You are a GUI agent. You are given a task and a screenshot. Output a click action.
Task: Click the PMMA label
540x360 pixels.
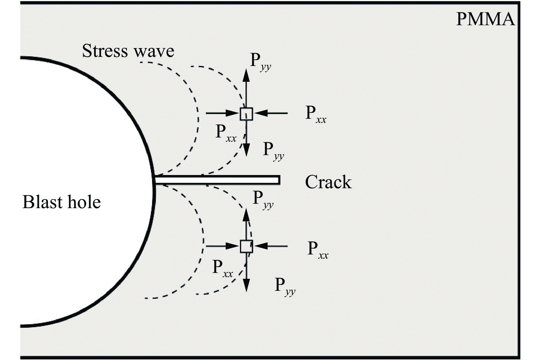pyautogui.click(x=485, y=19)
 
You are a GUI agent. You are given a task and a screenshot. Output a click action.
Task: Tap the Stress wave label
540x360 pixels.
pyautogui.click(x=128, y=51)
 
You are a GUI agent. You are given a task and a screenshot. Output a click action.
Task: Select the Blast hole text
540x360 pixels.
pyautogui.click(x=62, y=202)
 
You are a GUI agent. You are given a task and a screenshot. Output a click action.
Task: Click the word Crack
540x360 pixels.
pyautogui.click(x=328, y=182)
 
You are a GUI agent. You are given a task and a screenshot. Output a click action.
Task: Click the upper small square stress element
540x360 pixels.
pyautogui.click(x=246, y=114)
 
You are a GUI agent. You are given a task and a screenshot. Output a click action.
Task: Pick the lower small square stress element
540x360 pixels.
pyautogui.click(x=246, y=246)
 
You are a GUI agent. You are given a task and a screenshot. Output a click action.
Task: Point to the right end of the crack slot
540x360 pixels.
pyautogui.click(x=279, y=180)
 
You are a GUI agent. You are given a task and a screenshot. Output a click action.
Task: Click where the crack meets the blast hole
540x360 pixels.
pyautogui.click(x=155, y=180)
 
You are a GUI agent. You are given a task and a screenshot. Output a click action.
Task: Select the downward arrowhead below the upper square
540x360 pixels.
pyautogui.click(x=246, y=150)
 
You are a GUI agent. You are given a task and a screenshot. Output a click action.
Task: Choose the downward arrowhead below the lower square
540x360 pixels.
pyautogui.click(x=246, y=285)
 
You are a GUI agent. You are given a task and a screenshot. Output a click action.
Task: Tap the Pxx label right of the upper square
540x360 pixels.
pyautogui.click(x=316, y=115)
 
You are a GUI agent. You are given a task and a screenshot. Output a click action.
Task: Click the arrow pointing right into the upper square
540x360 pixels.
pyautogui.click(x=223, y=113)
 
